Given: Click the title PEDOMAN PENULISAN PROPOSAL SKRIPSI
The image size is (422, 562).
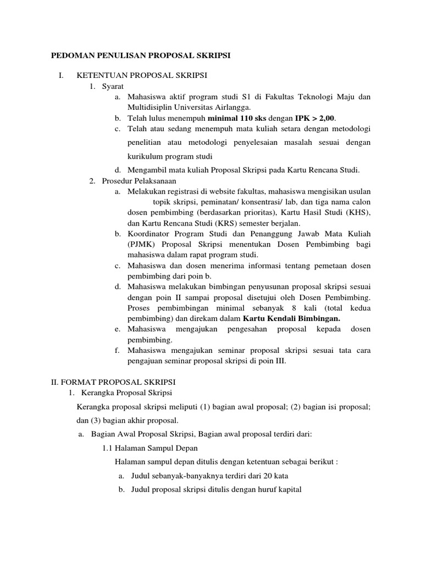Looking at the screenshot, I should (x=140, y=55).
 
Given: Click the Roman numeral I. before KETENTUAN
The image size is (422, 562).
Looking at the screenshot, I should (x=62, y=76).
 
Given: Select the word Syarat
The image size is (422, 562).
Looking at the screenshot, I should (x=113, y=87).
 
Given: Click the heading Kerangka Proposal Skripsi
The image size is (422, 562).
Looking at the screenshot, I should (x=126, y=392).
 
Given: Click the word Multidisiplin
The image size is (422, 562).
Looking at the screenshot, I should (x=153, y=108).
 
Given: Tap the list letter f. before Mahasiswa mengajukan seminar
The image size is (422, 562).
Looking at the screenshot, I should (x=118, y=350).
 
